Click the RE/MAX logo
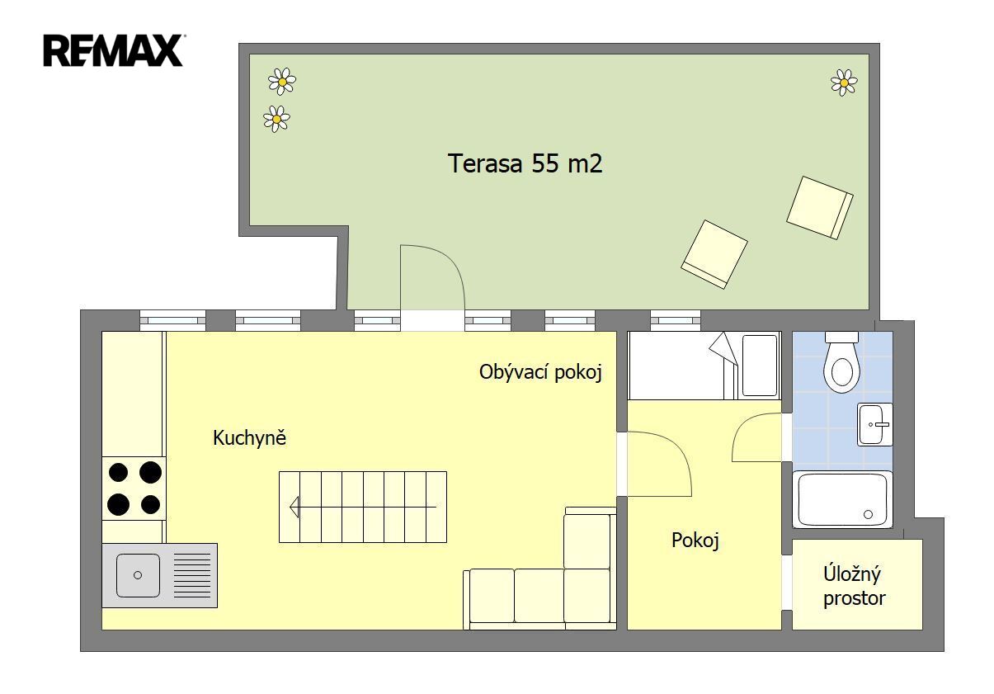point(114,50)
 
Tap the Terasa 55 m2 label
point(525,163)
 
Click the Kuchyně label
point(249,438)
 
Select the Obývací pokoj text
point(540,372)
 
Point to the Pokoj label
point(695,541)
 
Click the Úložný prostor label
point(854,586)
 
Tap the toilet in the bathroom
point(841,363)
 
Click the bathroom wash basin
point(875,424)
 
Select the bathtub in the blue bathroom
point(842,499)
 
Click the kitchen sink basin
point(138,575)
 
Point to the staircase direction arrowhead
point(294,507)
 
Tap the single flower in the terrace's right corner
point(844,83)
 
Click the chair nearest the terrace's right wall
point(820,208)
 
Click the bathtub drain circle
point(869,515)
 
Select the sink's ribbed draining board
point(192,575)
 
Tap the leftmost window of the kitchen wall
point(172,320)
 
